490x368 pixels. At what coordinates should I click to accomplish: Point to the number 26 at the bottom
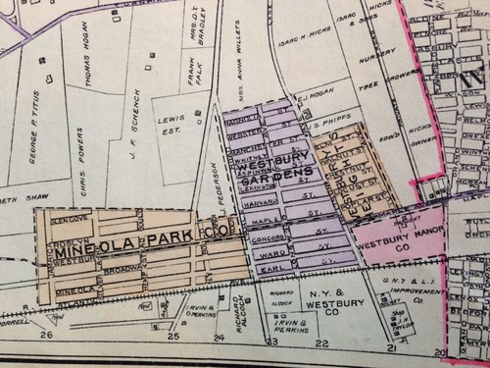point(44,336)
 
